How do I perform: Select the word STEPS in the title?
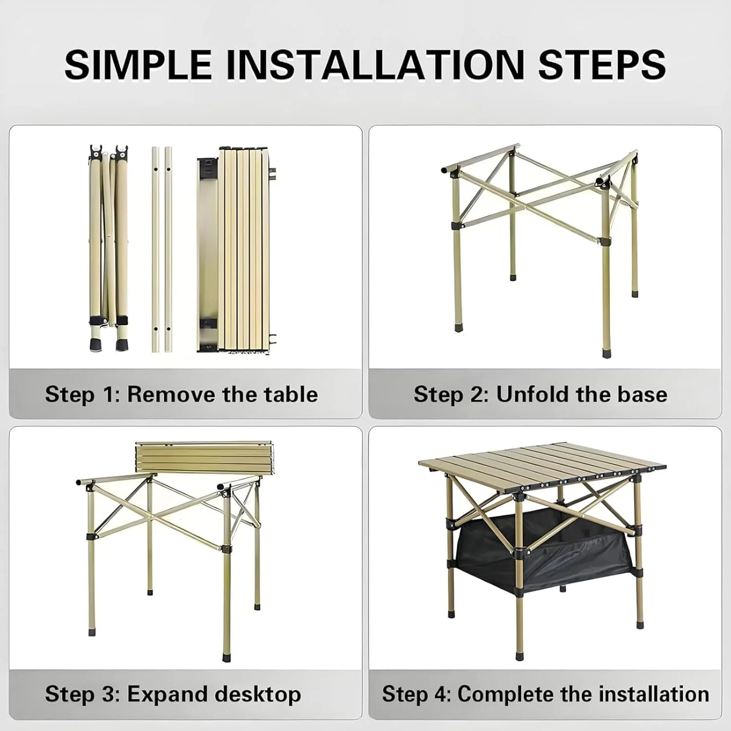602,64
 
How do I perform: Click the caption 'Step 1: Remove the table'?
181,394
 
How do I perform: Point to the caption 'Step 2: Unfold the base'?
540,394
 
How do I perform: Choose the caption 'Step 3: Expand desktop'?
173,694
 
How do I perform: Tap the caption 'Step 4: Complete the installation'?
545,694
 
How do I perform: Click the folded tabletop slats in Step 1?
234,249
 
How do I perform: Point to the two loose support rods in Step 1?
162,249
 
